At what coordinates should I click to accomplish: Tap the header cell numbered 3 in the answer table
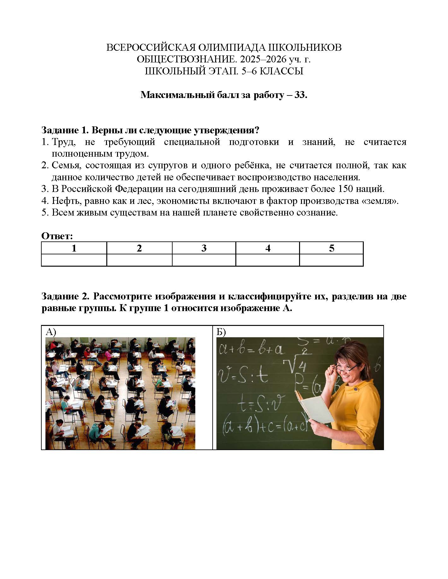click(x=204, y=248)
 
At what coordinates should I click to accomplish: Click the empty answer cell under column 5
click(x=331, y=260)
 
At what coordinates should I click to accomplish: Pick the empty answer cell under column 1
click(x=74, y=260)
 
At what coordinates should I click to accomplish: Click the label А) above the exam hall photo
click(x=51, y=332)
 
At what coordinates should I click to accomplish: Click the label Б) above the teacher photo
click(x=221, y=332)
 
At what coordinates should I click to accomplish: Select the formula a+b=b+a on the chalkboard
click(x=251, y=350)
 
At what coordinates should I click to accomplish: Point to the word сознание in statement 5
click(x=317, y=213)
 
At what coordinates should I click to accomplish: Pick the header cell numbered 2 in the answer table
click(x=139, y=248)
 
